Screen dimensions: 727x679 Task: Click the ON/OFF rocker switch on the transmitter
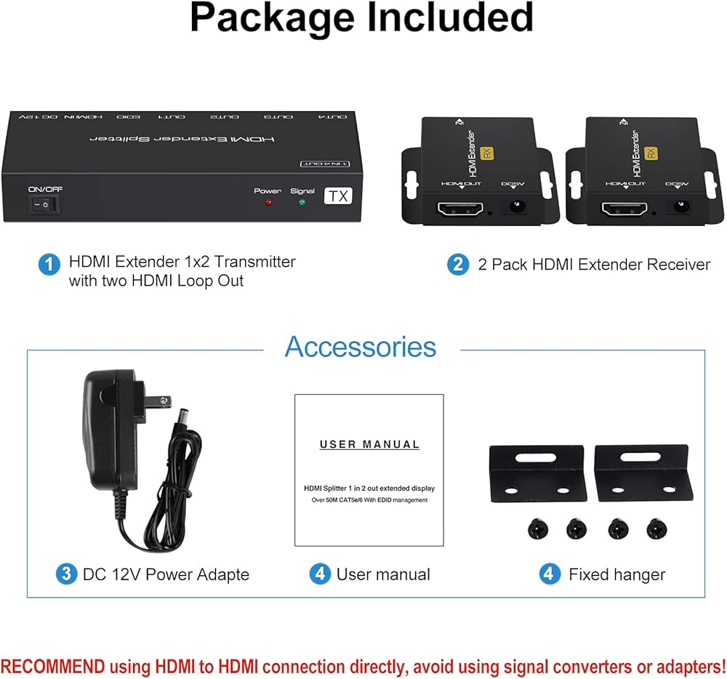pyautogui.click(x=44, y=206)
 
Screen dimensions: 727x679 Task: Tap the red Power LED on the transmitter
pyautogui.click(x=268, y=203)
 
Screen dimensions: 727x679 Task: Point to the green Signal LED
pyautogui.click(x=302, y=203)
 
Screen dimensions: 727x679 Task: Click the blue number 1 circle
pyautogui.click(x=49, y=264)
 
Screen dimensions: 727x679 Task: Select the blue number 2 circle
pyautogui.click(x=458, y=264)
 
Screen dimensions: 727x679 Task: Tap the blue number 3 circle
pyautogui.click(x=66, y=574)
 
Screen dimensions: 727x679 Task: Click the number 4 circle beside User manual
pyautogui.click(x=320, y=574)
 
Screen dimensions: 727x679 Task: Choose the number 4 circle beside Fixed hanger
pyautogui.click(x=550, y=574)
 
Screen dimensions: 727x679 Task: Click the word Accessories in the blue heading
pyautogui.click(x=361, y=347)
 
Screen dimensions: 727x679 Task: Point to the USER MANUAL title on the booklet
pyautogui.click(x=370, y=444)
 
